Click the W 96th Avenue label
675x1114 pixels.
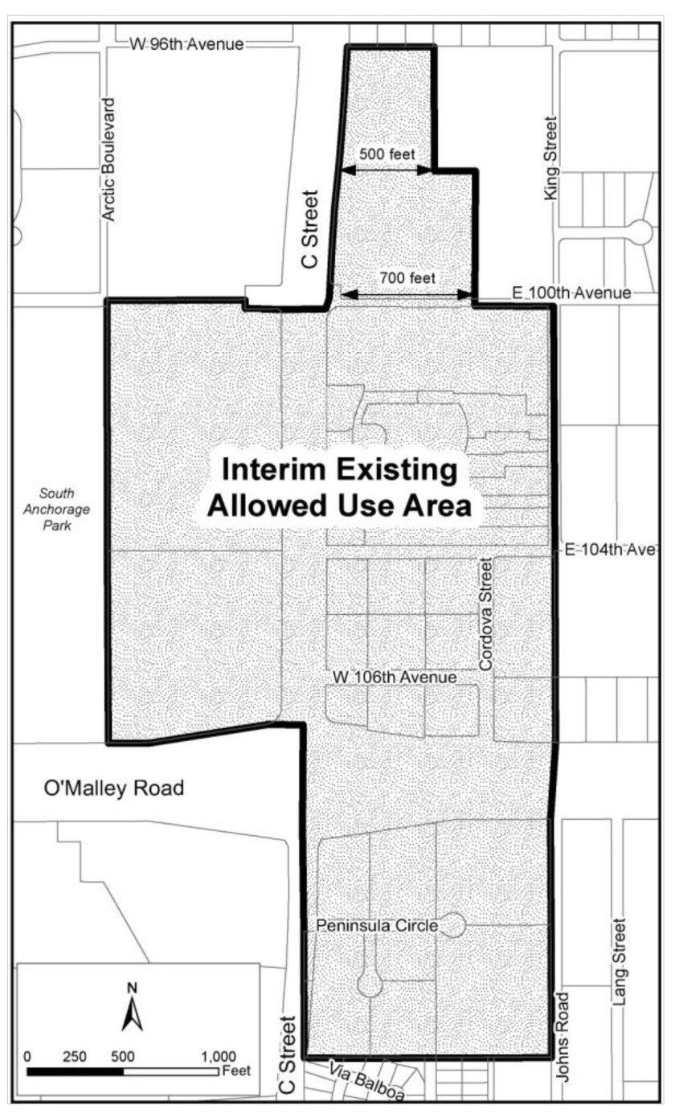[187, 43]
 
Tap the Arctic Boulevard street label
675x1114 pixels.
[108, 160]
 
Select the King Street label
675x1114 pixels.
[550, 158]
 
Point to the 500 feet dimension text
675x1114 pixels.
[387, 154]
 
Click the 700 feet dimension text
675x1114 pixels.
[407, 277]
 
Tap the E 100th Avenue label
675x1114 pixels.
[571, 293]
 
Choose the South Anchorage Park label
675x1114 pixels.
[57, 510]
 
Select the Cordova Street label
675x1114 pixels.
[485, 614]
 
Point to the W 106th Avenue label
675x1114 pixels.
[395, 677]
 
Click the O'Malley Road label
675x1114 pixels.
[114, 788]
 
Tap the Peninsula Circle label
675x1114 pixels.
[377, 925]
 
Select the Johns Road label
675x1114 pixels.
[562, 1037]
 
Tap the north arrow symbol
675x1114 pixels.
[133, 1008]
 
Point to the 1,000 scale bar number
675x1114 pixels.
[219, 1056]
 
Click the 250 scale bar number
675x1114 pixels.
[75, 1056]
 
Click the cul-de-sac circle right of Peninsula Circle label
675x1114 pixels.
[453, 925]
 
